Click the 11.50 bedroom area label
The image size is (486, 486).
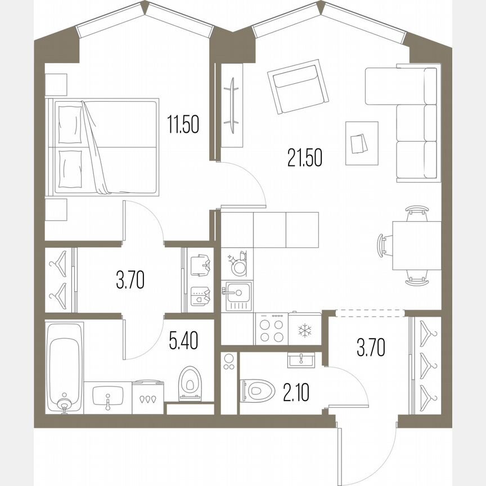183,124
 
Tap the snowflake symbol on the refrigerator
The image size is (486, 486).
304,329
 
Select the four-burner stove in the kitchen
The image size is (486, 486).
271,328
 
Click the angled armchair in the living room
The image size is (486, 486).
298,89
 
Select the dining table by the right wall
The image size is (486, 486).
417,245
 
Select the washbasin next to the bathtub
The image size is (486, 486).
107,398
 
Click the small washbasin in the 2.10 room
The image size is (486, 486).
303,359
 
